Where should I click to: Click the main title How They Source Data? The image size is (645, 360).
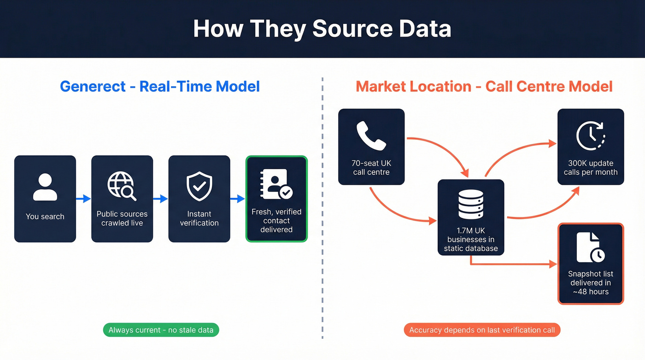322,29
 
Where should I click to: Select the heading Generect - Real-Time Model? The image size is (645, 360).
160,86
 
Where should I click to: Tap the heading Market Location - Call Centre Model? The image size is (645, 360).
484,86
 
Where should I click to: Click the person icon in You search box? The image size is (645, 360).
45,187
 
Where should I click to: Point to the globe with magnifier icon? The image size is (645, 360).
122,186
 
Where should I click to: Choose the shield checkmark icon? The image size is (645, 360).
199,186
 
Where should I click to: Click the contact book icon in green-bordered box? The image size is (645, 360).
276,184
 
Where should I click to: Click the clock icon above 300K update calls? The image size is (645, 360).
590,136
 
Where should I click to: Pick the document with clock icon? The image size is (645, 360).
590,247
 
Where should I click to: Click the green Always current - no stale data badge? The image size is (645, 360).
161,330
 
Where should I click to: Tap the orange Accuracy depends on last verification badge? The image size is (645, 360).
482,330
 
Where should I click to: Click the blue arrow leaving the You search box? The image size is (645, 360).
83,199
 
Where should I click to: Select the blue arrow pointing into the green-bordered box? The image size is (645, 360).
238,199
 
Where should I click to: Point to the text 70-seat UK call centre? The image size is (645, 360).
371,168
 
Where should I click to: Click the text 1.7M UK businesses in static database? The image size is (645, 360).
470,239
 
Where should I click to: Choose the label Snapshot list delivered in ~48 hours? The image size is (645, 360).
590,283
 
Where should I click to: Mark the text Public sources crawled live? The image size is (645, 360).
122,218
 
